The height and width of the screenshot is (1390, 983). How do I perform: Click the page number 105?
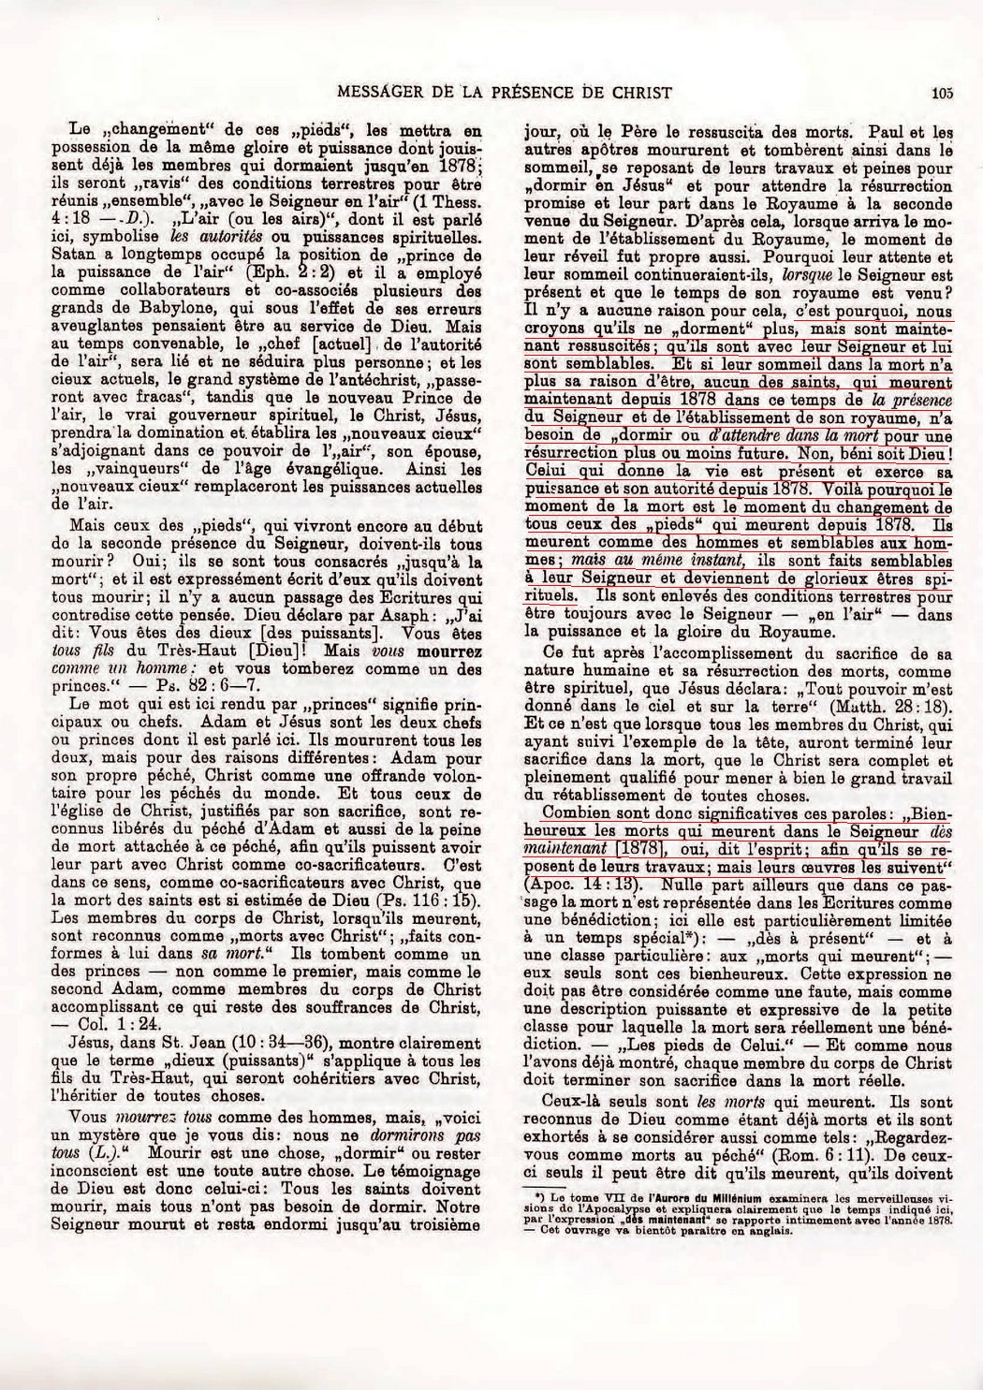[x=941, y=92]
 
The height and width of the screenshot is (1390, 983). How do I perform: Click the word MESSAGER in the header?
[x=372, y=92]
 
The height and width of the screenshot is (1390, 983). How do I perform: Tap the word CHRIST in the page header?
[x=643, y=92]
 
